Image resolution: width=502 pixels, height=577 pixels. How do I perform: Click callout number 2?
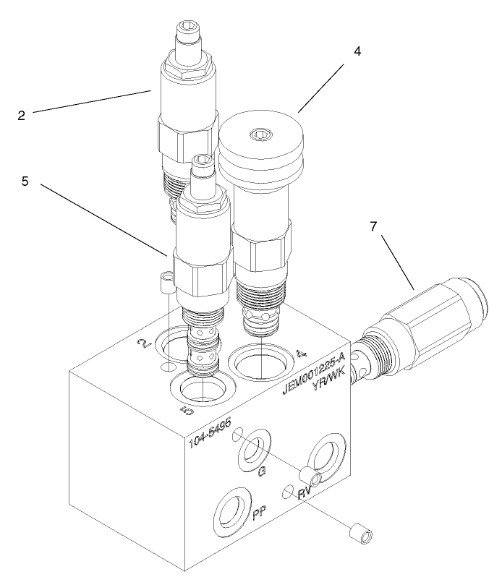tap(22, 114)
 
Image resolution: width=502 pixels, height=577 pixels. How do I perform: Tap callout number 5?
tap(25, 182)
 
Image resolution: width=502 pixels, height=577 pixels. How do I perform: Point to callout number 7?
tap(374, 227)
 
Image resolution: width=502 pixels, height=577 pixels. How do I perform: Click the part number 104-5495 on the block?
tap(210, 432)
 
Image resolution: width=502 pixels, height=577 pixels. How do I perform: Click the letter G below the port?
tap(263, 471)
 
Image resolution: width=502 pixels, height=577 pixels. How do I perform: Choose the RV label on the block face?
tap(305, 493)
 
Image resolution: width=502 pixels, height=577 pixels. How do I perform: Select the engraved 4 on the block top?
tap(302, 354)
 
